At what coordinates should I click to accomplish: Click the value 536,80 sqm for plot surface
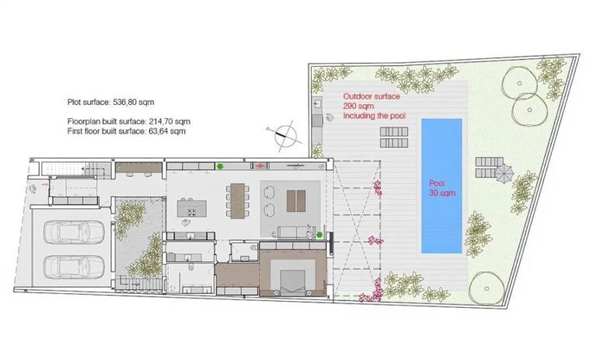click(134, 102)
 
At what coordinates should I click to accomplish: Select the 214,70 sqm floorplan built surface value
click(169, 122)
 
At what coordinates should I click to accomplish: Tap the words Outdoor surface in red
click(372, 96)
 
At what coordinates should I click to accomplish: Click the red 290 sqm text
click(358, 106)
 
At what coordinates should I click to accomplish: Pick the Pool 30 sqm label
click(442, 188)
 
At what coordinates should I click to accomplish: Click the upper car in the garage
click(74, 232)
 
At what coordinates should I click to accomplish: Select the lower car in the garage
click(74, 266)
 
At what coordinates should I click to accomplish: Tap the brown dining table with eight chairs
click(238, 201)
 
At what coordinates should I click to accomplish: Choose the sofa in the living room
click(292, 232)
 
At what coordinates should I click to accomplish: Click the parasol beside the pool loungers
click(504, 173)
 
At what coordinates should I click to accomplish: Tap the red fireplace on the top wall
click(260, 166)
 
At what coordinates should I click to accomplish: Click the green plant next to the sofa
click(309, 232)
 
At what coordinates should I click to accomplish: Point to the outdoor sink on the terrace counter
click(317, 103)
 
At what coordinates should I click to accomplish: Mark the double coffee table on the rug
click(296, 201)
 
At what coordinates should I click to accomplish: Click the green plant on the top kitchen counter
click(220, 166)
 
